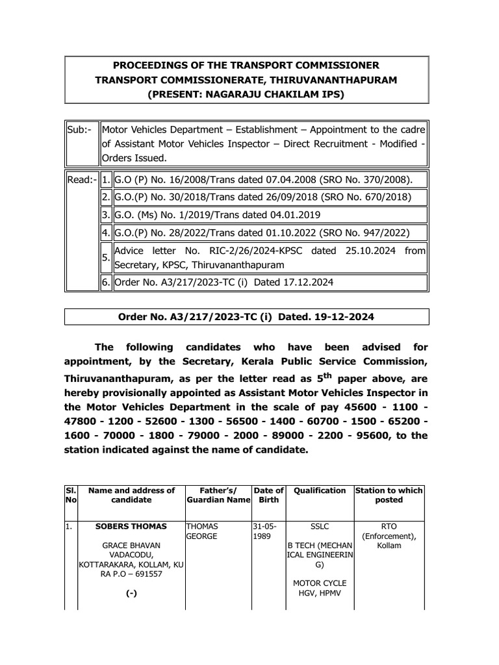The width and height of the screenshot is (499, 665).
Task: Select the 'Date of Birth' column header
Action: tap(268, 495)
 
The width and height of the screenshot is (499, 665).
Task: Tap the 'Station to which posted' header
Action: tap(389, 495)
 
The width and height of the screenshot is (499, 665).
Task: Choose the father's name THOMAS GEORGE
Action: tap(203, 531)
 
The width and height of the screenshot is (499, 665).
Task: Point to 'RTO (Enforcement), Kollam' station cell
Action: tap(389, 536)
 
